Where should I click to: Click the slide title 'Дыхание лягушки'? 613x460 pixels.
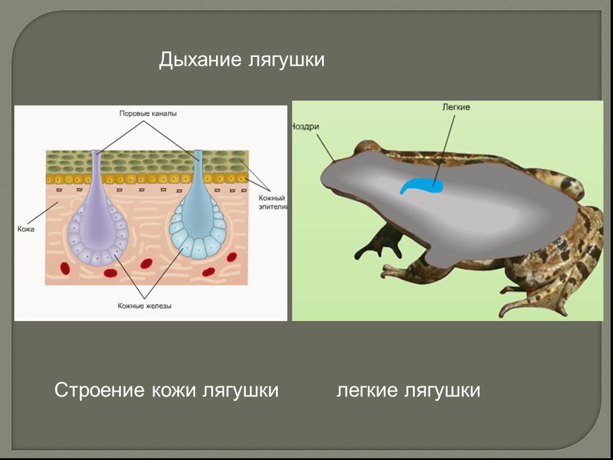pyautogui.click(x=242, y=60)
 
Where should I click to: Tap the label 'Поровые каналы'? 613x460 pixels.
pyautogui.click(x=148, y=113)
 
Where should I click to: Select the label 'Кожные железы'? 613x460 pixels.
pyautogui.click(x=145, y=306)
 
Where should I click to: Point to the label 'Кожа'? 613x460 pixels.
pyautogui.click(x=26, y=229)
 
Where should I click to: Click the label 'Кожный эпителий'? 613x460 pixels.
pyautogui.click(x=272, y=202)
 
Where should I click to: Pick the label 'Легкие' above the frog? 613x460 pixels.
pyautogui.click(x=456, y=107)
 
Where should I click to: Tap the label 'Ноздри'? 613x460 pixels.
pyautogui.click(x=305, y=126)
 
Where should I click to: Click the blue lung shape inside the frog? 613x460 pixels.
pyautogui.click(x=421, y=186)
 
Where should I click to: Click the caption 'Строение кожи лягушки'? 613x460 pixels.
pyautogui.click(x=166, y=390)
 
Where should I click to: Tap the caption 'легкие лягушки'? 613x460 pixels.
pyautogui.click(x=408, y=390)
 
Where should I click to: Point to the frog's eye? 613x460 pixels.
pyautogui.click(x=368, y=147)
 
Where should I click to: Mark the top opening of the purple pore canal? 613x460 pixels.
pyautogui.click(x=96, y=152)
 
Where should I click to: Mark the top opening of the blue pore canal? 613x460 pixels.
pyautogui.click(x=199, y=152)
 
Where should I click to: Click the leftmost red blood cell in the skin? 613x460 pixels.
pyautogui.click(x=65, y=268)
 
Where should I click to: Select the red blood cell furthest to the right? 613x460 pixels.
pyautogui.click(x=232, y=257)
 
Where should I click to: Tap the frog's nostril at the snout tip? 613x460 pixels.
pyautogui.click(x=335, y=161)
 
